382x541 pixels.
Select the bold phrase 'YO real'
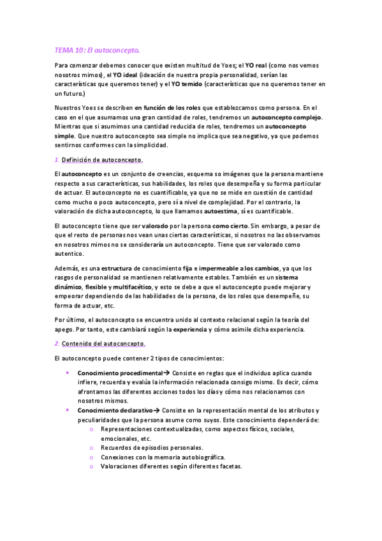click(258, 66)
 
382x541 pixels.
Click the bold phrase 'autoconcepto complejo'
click(288, 117)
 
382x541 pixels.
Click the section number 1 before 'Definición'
click(56, 159)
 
